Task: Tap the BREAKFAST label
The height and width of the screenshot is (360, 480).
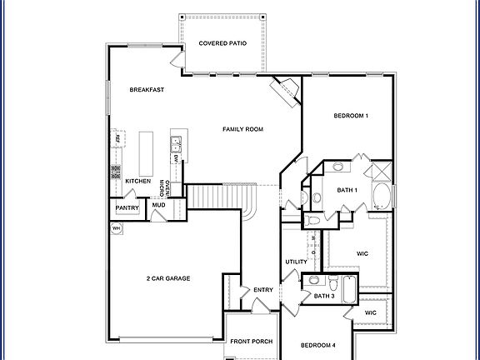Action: (145, 90)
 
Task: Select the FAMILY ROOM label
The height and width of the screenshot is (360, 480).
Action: (242, 129)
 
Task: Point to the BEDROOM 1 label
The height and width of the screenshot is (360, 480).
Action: (351, 115)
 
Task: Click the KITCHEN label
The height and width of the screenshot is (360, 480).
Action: (137, 181)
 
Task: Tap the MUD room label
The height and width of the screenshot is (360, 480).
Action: (157, 204)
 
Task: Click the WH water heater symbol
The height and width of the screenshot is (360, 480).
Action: (117, 227)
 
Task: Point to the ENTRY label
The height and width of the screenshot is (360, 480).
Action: (263, 289)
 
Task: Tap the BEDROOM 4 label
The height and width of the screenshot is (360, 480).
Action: (317, 345)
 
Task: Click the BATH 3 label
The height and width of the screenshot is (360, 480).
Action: (324, 296)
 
